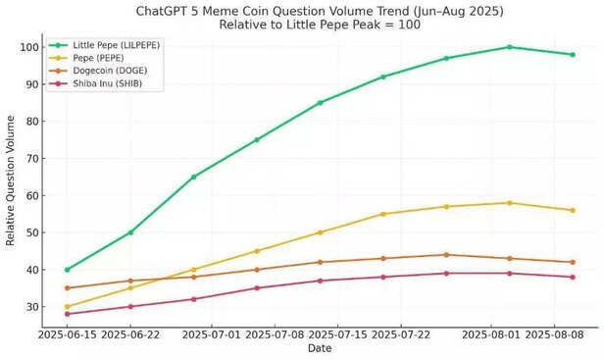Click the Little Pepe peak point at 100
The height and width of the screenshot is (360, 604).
[x=509, y=47]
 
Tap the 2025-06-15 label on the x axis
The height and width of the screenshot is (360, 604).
[x=67, y=334]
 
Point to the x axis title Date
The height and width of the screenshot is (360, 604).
[x=320, y=348]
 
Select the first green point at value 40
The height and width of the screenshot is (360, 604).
[x=67, y=270]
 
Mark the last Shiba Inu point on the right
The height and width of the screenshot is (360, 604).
[x=572, y=277]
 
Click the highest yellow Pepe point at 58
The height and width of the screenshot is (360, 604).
[x=509, y=203]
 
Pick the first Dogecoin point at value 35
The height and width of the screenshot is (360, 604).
[x=67, y=288]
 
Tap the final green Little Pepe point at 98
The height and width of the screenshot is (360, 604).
[x=572, y=55]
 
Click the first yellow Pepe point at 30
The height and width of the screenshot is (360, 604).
[x=67, y=307]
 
